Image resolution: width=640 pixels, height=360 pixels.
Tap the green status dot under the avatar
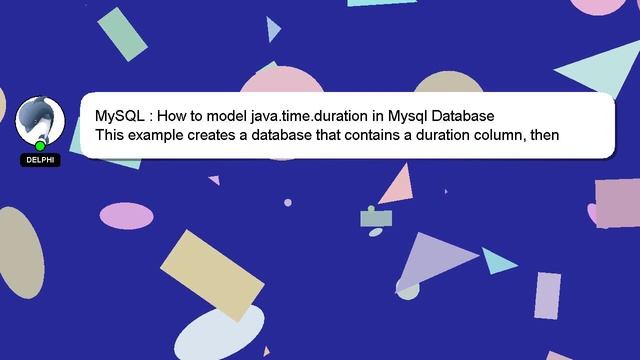(40, 146)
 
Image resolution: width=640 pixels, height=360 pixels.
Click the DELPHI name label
(40, 160)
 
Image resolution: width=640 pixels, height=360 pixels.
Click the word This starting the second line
(111, 134)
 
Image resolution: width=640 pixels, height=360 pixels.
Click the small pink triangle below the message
(397, 185)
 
